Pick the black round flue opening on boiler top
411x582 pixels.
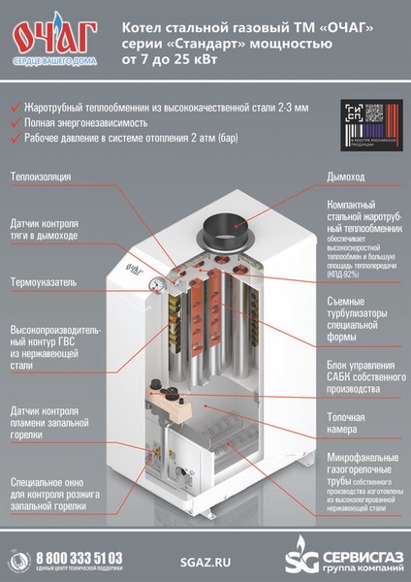(226, 236)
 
